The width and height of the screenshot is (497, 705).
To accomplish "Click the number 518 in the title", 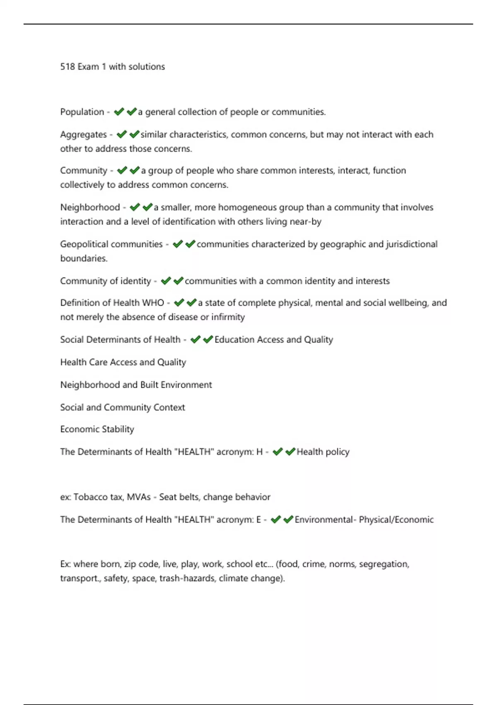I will pos(68,67).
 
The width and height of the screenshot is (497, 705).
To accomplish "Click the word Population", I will pos(82,112).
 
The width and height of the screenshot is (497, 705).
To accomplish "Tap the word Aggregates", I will pos(83,135).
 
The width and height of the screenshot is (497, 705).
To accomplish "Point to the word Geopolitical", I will pos(84,244).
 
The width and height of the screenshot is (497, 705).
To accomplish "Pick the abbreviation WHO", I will pos(153,303).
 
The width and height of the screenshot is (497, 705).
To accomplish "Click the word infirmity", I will pos(228,317).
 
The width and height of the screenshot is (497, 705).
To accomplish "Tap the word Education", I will pos(234,340).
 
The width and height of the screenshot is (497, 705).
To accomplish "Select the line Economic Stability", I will pos(97,429).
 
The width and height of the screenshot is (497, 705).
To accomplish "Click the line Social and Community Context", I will pos(123,407).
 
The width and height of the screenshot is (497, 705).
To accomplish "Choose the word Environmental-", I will pos(325,520).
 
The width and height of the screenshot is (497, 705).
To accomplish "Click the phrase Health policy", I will pos(323,452).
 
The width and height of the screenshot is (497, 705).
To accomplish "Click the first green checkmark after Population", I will pos(119,112).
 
